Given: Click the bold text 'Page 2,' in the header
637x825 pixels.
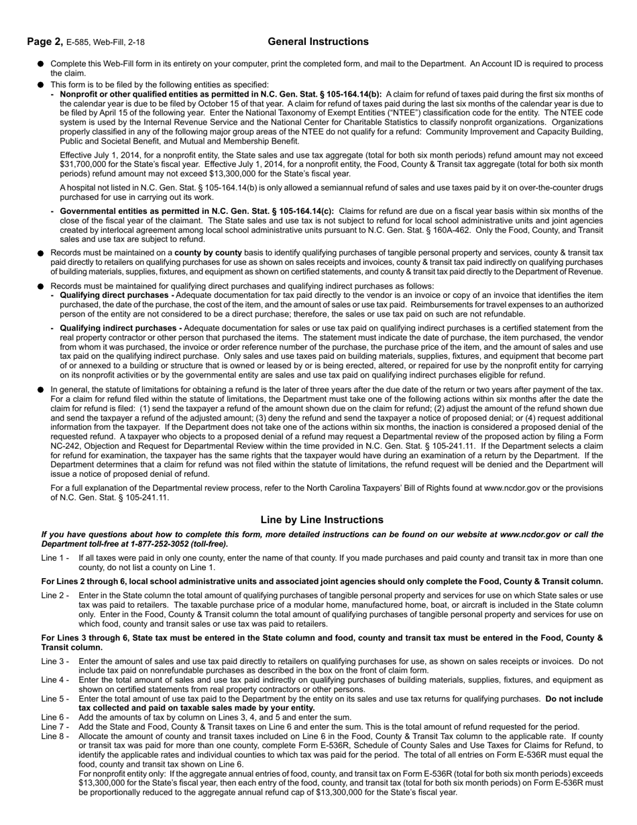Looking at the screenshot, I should (45, 42).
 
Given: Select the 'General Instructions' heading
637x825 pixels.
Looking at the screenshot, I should (318, 42).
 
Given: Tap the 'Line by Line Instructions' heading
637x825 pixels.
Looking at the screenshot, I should (322, 520).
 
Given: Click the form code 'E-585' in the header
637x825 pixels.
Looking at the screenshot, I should (78, 43).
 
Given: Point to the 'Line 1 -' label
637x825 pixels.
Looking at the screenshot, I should (55, 558).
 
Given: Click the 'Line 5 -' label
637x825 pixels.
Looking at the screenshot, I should (55, 699).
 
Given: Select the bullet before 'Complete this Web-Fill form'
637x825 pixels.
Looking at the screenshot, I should (41, 64).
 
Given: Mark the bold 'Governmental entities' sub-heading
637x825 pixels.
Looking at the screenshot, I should (101, 211).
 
